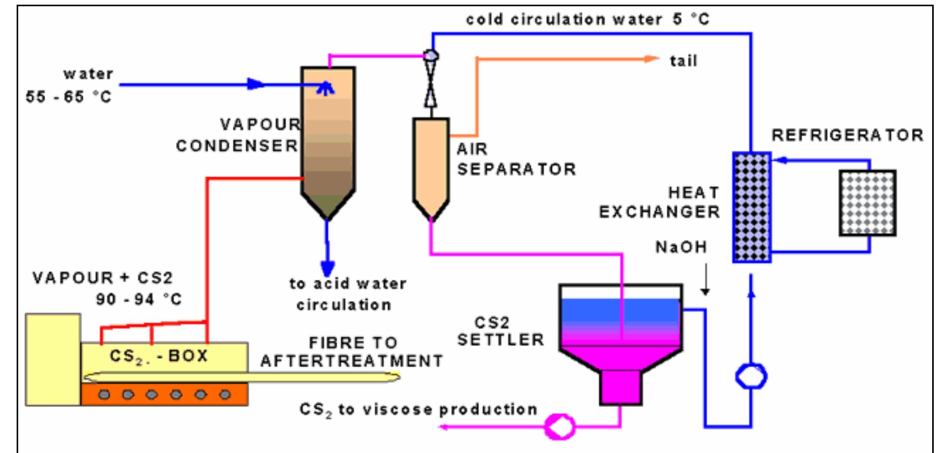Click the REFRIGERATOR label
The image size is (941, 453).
point(847,135)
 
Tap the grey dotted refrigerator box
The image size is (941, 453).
point(867,203)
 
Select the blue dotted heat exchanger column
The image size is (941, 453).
point(751,207)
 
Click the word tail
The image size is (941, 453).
point(683,61)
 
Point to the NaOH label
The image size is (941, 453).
point(681,247)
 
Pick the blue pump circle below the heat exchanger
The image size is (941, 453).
point(751,376)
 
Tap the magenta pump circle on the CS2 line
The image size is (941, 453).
point(560,426)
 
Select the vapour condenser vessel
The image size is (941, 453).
point(328,140)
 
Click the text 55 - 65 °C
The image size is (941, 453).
point(69,97)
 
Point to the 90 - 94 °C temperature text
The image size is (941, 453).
point(138,299)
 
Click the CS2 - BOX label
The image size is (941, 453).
point(158,356)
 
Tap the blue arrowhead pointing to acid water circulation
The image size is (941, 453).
point(327,268)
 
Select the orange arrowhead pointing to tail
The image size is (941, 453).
point(653,59)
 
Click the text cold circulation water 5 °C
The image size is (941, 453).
point(587,20)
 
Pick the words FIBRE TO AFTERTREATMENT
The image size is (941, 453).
point(352,352)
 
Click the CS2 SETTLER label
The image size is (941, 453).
point(500,331)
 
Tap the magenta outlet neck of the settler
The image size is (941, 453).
point(620,387)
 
